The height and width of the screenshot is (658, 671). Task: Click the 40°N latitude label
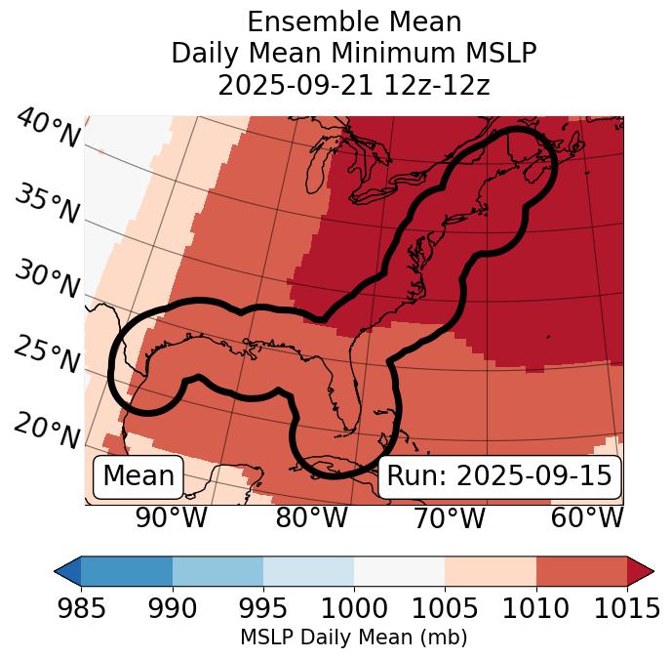(x=48, y=129)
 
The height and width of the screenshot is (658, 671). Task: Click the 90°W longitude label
(x=172, y=518)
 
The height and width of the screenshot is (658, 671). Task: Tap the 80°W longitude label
(x=312, y=518)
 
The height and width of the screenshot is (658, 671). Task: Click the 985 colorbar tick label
(x=81, y=608)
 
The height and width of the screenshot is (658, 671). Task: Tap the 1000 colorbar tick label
(x=354, y=608)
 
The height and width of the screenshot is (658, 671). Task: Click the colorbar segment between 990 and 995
(x=217, y=570)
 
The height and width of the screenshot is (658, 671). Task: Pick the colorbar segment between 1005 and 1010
(x=491, y=570)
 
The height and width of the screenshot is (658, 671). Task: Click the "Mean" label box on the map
(x=138, y=476)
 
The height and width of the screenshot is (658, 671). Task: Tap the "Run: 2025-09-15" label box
(x=499, y=476)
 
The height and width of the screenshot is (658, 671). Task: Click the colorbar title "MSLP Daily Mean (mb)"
(x=354, y=637)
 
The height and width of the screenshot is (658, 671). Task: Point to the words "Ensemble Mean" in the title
(x=354, y=21)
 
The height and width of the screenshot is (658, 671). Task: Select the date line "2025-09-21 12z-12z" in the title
(x=354, y=85)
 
